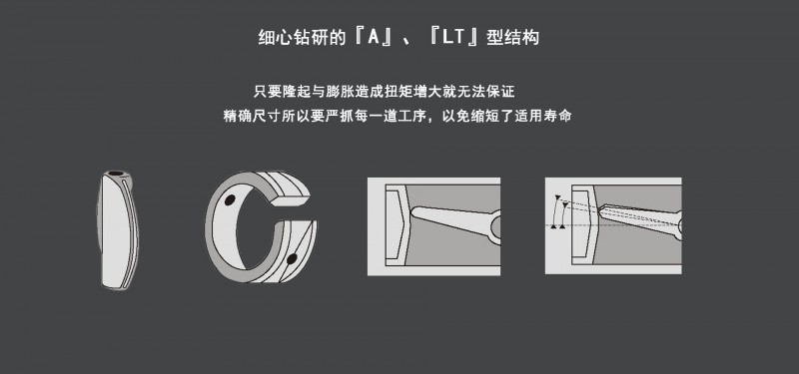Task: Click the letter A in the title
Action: pos(373,38)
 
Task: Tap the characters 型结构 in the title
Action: pos(512,38)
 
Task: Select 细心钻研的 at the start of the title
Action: pos(303,38)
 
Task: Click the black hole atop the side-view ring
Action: pos(116,174)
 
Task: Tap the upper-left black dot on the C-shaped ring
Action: pos(230,200)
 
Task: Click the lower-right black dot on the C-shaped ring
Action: pos(292,259)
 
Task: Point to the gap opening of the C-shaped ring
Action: pos(293,212)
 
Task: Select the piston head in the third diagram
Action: pos(397,225)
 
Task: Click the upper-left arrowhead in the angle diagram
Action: pos(557,196)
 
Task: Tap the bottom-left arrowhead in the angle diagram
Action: pos(554,225)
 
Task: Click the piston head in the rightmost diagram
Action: pos(583,224)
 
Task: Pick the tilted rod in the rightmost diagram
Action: pos(640,219)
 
